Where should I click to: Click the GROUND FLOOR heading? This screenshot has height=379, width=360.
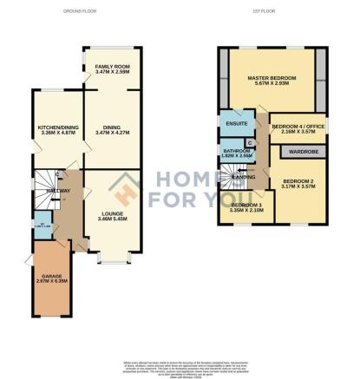coord(79,11)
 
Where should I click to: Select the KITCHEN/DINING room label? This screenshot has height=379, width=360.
coord(52,129)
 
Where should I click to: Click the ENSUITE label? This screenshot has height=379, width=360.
coord(231,122)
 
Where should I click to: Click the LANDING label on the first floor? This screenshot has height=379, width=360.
coord(254,177)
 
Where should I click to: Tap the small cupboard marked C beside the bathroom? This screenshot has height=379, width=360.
coord(250,141)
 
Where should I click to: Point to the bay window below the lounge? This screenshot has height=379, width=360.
coord(112,259)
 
